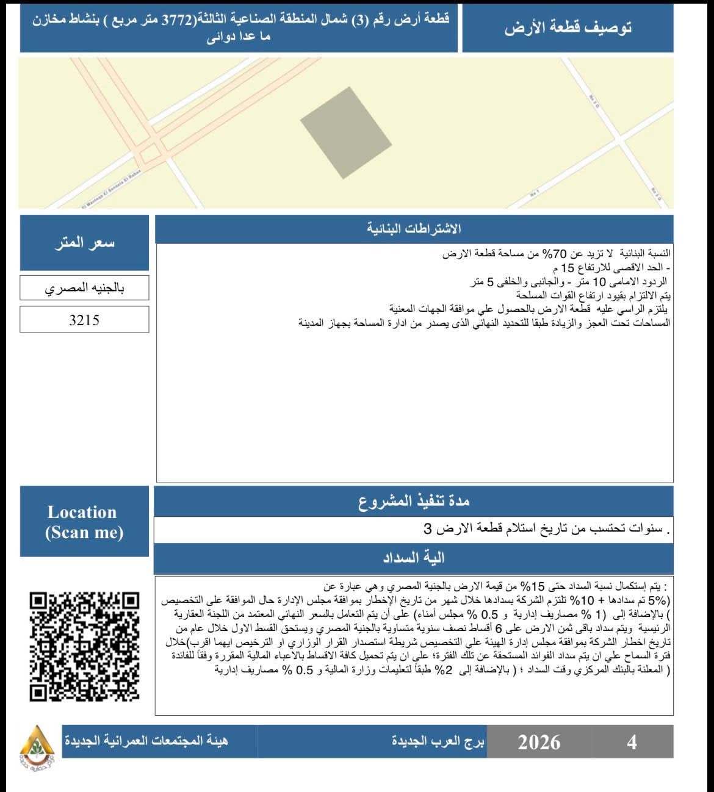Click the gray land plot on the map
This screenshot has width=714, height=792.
(x=346, y=132)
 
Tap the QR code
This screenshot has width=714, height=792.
(x=84, y=646)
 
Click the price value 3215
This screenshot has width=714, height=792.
(x=84, y=320)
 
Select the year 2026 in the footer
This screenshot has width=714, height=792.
(x=539, y=742)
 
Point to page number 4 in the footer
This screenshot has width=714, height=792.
(x=632, y=742)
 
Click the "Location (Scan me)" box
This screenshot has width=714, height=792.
(x=84, y=522)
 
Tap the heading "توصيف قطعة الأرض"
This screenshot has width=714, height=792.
(x=568, y=28)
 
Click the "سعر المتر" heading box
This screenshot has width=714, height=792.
(x=84, y=243)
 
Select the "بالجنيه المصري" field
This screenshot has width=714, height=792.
(x=84, y=288)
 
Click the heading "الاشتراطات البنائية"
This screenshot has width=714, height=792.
(x=414, y=229)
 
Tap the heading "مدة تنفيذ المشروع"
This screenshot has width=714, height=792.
(x=414, y=502)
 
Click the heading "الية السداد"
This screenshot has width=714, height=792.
(x=414, y=558)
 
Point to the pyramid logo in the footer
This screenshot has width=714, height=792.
(x=37, y=748)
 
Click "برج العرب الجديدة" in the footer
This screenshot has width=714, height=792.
(x=438, y=742)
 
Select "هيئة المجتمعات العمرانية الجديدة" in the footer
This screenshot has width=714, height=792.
(x=146, y=742)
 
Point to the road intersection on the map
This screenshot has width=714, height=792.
(x=156, y=151)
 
